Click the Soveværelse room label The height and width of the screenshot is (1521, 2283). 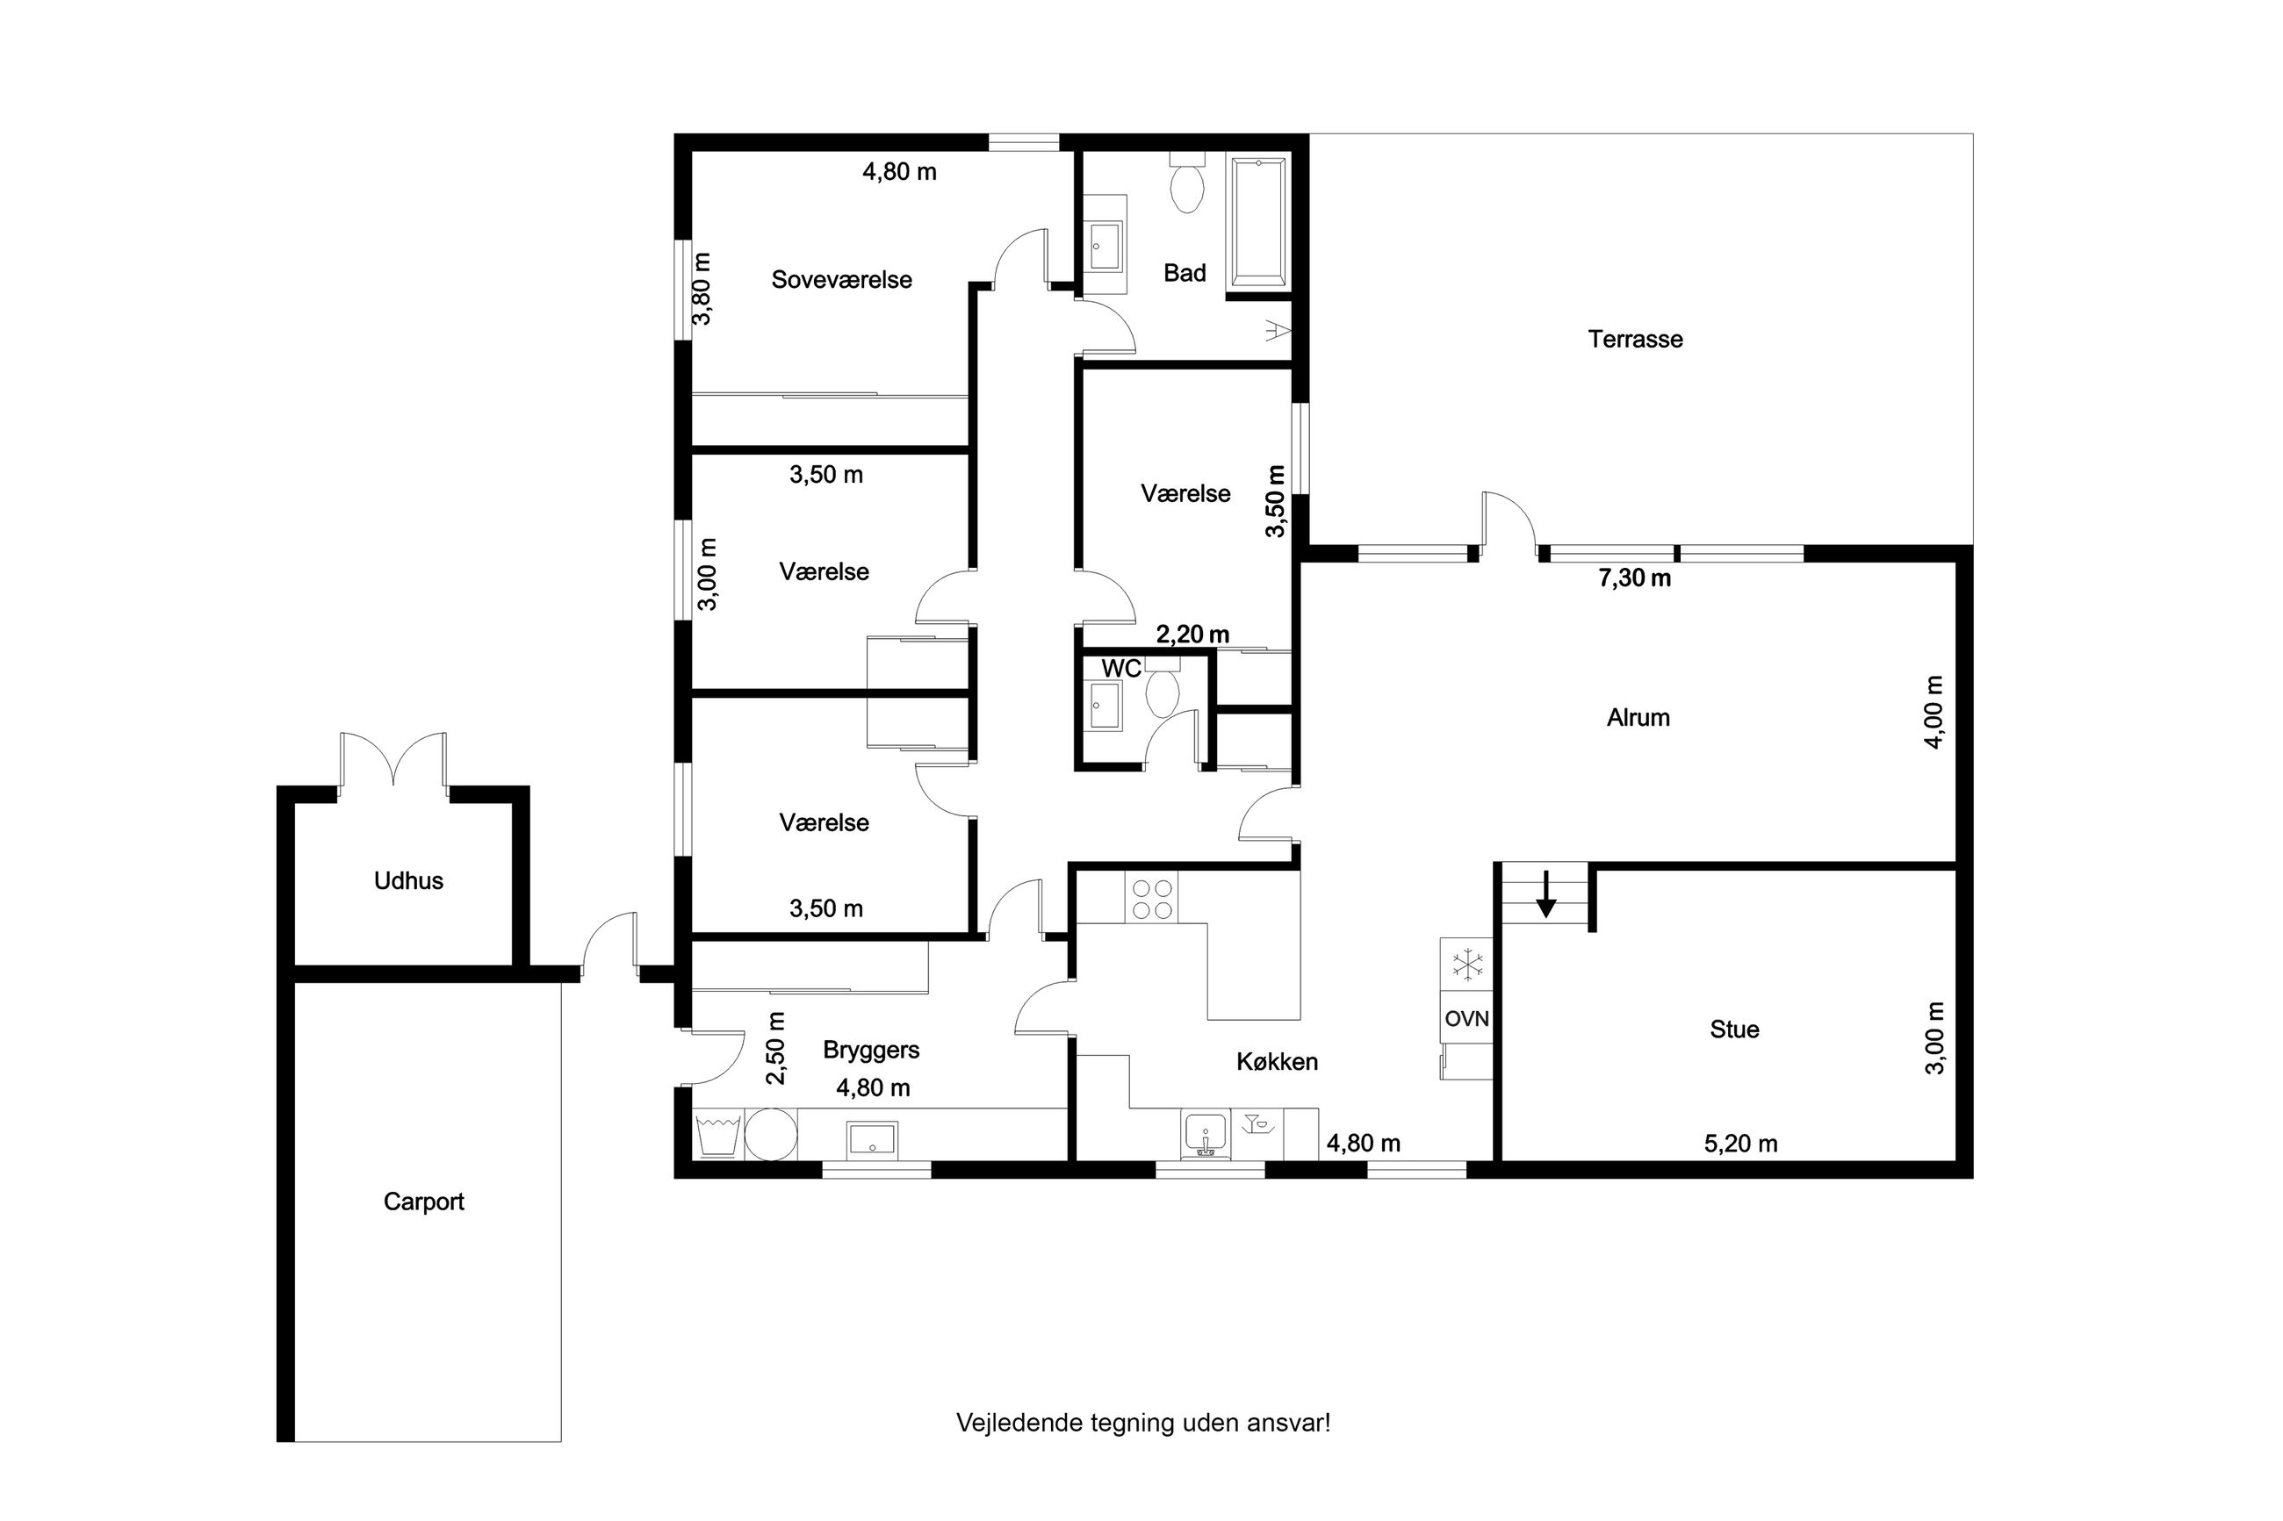[x=841, y=279]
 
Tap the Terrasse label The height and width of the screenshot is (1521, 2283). [x=1635, y=339]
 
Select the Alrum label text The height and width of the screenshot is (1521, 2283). [x=1638, y=717]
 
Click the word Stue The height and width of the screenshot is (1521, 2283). [x=1734, y=1029]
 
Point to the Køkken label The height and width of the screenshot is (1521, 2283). [x=1277, y=1061]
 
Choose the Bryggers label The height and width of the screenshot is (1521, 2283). [x=870, y=1050]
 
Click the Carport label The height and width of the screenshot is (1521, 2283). [x=424, y=1202]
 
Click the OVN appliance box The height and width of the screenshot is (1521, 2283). [x=1466, y=1017]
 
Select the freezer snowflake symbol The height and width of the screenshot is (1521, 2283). [x=1467, y=965]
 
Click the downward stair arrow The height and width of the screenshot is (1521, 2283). [x=1545, y=894]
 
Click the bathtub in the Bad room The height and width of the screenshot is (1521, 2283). [x=1258, y=222]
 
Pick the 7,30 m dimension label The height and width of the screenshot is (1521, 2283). [x=1634, y=578]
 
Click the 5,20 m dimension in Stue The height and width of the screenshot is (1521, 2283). [x=1740, y=1144]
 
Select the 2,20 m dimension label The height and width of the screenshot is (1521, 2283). [x=1192, y=635]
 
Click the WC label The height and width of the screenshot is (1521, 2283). [x=1120, y=669]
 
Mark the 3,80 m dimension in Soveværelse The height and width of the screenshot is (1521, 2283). [x=702, y=288]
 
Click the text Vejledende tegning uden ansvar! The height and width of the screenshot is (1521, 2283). [x=1143, y=1422]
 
